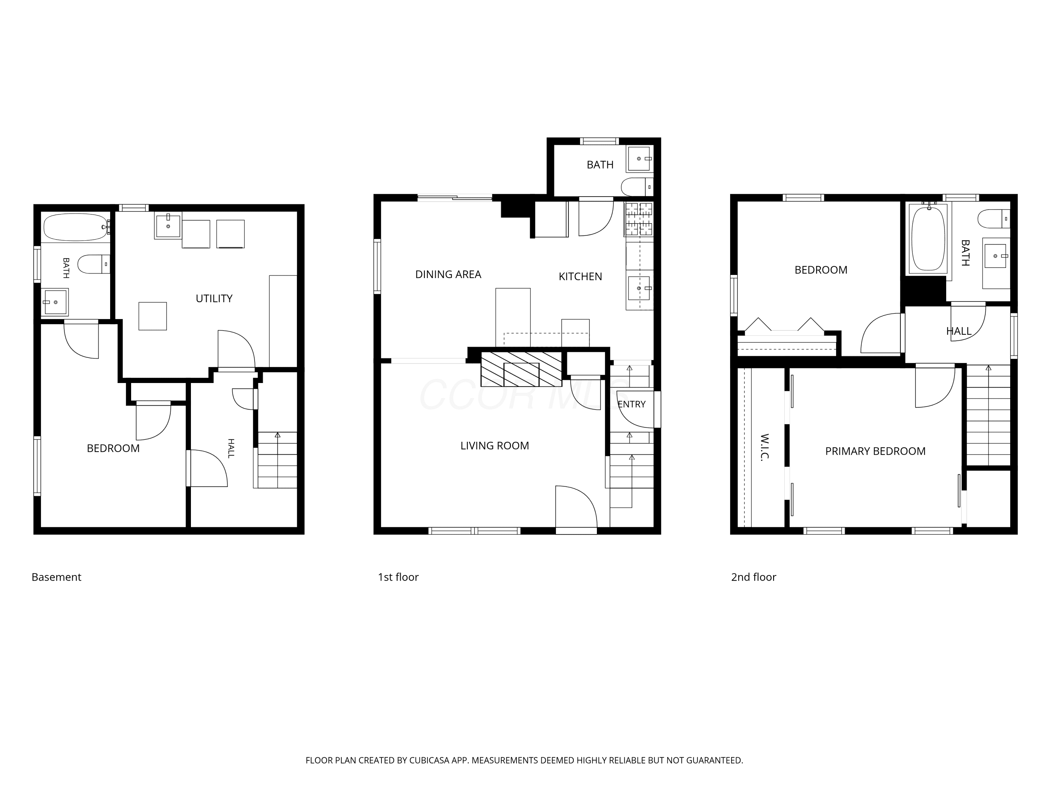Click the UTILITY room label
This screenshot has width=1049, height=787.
(x=214, y=298)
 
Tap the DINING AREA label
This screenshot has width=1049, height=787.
(x=448, y=274)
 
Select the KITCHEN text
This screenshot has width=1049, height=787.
(x=580, y=277)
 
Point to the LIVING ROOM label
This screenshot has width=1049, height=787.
(x=495, y=446)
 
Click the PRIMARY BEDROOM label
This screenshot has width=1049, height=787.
(x=876, y=451)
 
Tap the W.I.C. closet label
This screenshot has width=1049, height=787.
(x=764, y=447)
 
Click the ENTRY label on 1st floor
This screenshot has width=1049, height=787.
(x=632, y=404)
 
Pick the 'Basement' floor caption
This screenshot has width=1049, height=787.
(x=56, y=577)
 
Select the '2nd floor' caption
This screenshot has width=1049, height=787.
(x=754, y=577)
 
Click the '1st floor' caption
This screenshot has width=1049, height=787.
(x=398, y=577)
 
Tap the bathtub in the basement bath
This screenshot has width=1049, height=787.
(x=76, y=227)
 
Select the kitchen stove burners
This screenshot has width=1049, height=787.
(x=639, y=219)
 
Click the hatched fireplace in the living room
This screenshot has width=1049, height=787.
(x=521, y=369)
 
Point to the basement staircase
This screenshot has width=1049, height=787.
(x=277, y=460)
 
